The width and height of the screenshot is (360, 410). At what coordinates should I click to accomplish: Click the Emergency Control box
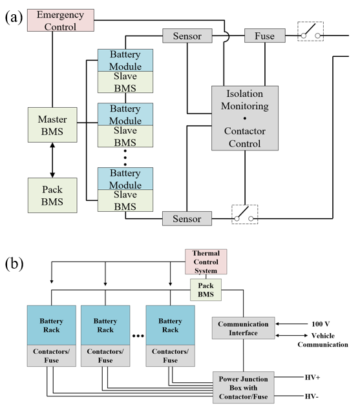click(x=61, y=21)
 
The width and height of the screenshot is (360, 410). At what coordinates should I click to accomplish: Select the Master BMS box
click(x=52, y=125)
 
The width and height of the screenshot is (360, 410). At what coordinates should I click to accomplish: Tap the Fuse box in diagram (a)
click(x=265, y=36)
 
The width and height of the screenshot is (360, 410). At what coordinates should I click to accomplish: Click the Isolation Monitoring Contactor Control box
click(x=245, y=118)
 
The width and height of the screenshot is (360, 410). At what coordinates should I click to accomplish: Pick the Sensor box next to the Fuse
click(x=187, y=36)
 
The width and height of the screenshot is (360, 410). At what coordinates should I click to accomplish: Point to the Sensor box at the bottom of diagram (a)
click(x=187, y=219)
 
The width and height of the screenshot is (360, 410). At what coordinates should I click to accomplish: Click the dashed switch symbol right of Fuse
click(x=310, y=32)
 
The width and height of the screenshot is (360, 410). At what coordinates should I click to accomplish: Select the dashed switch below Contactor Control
click(x=244, y=214)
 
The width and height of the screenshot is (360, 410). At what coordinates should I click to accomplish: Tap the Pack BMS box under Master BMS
click(x=52, y=196)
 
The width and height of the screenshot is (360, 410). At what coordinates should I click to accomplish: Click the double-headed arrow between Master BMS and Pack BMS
click(x=52, y=160)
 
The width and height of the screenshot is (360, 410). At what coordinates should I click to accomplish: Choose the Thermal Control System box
click(x=206, y=261)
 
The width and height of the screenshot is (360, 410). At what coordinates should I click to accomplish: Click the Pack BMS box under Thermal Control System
click(x=206, y=290)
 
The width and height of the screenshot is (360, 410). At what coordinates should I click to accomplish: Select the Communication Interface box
click(x=243, y=328)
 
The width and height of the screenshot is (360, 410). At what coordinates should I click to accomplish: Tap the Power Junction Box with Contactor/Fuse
click(x=243, y=387)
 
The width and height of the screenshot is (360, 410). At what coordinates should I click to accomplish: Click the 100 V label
click(x=321, y=324)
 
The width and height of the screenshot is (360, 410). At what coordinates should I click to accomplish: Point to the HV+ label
click(x=312, y=377)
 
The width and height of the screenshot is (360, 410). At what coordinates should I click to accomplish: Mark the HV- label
click(x=312, y=396)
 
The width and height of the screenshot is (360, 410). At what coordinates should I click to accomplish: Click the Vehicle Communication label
click(x=323, y=340)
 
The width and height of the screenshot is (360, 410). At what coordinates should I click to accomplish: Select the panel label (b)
click(x=14, y=263)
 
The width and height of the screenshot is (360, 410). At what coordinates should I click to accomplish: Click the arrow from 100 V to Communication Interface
click(x=291, y=324)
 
